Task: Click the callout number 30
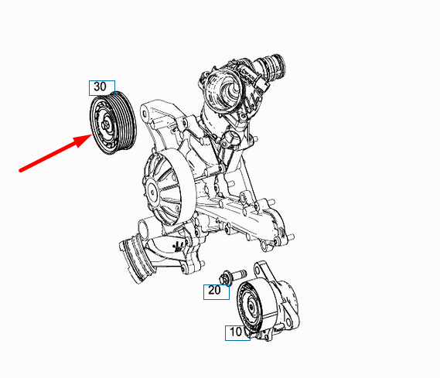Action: click(101, 87)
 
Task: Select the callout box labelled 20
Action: click(217, 292)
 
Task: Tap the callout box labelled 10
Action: click(237, 333)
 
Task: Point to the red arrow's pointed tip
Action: click(91, 135)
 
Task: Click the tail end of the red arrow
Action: click(20, 170)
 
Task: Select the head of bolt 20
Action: click(225, 278)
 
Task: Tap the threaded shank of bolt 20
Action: click(239, 273)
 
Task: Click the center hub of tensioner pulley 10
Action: click(251, 306)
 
